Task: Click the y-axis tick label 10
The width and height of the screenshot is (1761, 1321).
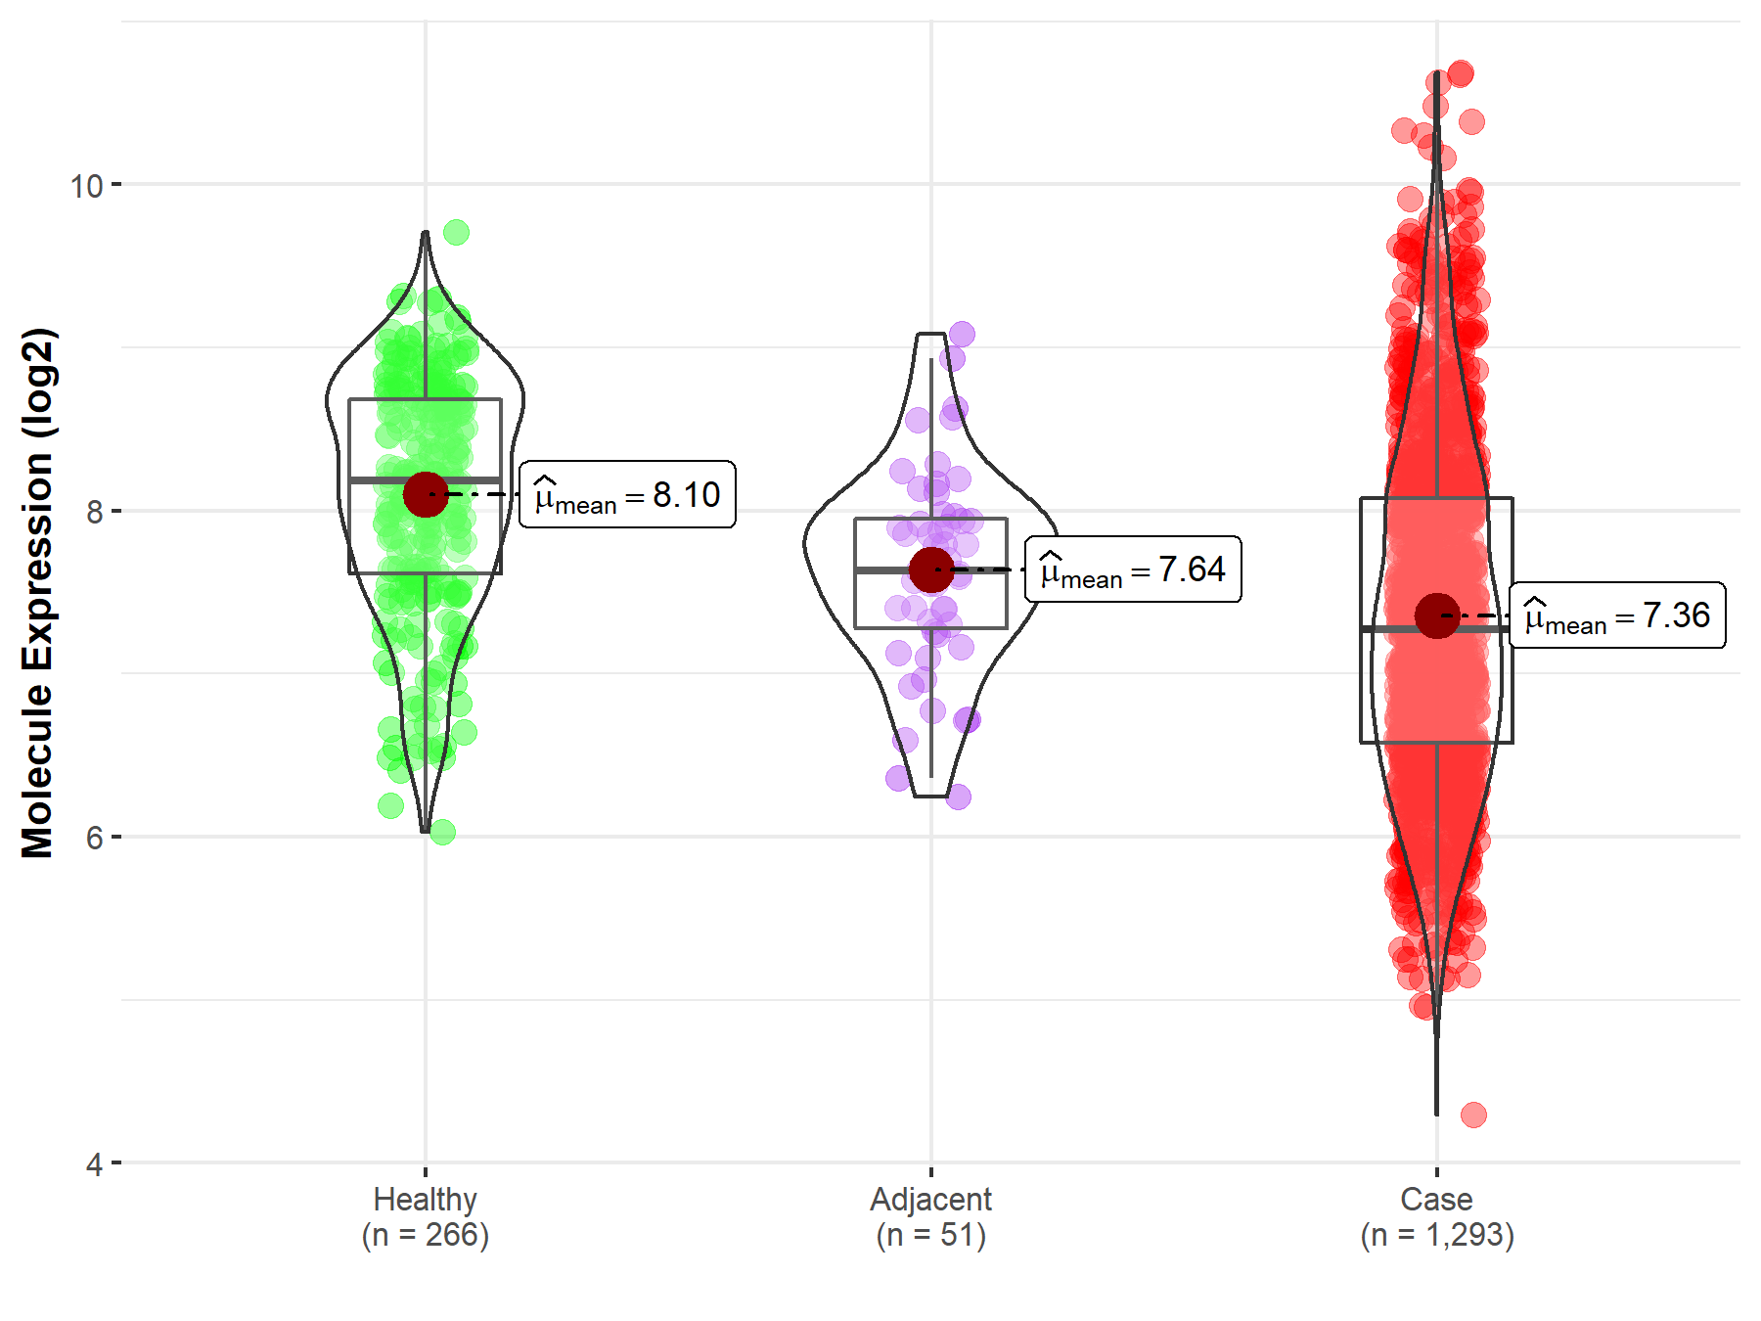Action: pyautogui.click(x=86, y=185)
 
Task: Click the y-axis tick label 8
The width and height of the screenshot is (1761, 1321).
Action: pyautogui.click(x=94, y=512)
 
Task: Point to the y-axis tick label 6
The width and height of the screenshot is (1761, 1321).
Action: pyautogui.click(x=94, y=838)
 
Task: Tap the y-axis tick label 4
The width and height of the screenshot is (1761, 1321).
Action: pyautogui.click(x=94, y=1164)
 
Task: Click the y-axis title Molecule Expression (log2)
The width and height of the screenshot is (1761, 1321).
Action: pyautogui.click(x=37, y=593)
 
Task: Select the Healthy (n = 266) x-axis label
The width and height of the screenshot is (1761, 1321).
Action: pyautogui.click(x=426, y=1216)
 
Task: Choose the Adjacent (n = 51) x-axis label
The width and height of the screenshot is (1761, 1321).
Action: pyautogui.click(x=930, y=1216)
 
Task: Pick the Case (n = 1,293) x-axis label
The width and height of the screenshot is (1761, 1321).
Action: pyautogui.click(x=1436, y=1216)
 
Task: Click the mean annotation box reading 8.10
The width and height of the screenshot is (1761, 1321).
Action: pyautogui.click(x=627, y=495)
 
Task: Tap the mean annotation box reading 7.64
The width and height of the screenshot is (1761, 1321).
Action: pyautogui.click(x=1133, y=569)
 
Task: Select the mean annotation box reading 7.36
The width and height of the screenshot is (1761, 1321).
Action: pyautogui.click(x=1617, y=615)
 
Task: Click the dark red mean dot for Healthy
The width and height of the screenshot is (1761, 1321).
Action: pyautogui.click(x=426, y=494)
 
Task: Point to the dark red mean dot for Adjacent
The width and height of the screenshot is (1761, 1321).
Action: pyautogui.click(x=930, y=569)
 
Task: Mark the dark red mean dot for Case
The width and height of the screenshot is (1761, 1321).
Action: pyautogui.click(x=1436, y=615)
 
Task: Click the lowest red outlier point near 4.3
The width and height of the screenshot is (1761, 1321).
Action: pyautogui.click(x=1473, y=1115)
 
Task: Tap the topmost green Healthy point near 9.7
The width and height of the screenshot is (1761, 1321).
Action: pyautogui.click(x=456, y=232)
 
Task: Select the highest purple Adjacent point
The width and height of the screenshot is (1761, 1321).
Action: pyautogui.click(x=962, y=334)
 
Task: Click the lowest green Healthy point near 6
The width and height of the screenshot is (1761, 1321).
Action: pyautogui.click(x=442, y=833)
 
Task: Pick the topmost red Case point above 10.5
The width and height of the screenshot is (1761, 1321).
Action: pyautogui.click(x=1461, y=73)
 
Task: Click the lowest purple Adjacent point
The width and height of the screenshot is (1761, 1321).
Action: pyautogui.click(x=958, y=797)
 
